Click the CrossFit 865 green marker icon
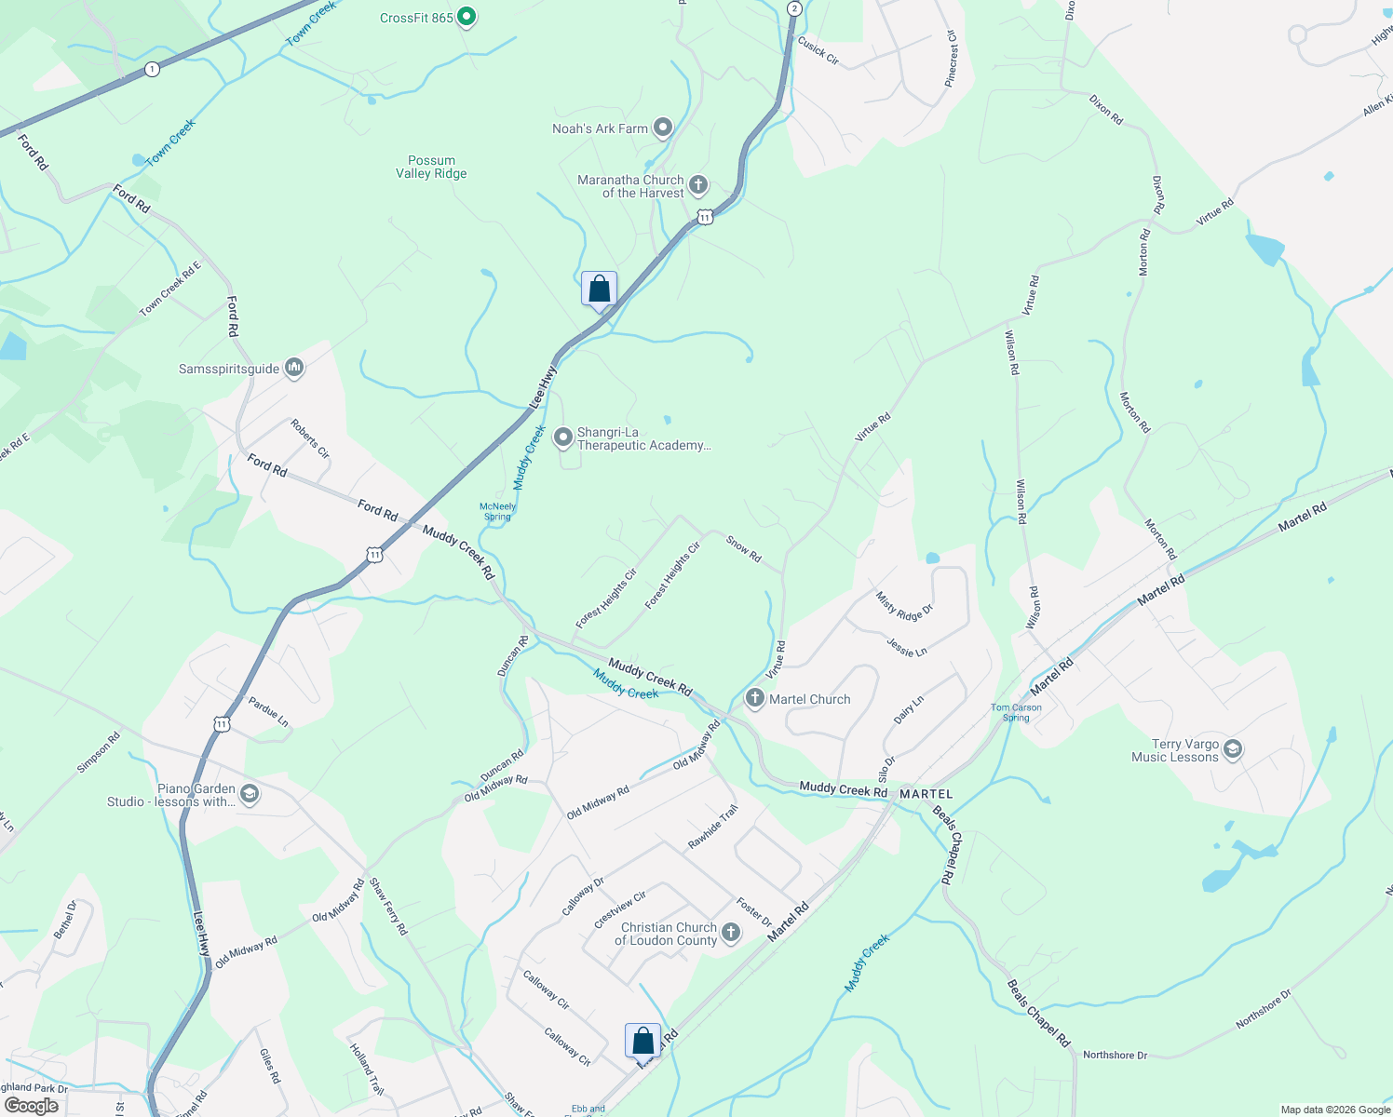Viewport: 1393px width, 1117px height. click(467, 17)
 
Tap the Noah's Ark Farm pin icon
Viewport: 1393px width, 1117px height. click(662, 128)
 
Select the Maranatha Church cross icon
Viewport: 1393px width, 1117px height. click(697, 185)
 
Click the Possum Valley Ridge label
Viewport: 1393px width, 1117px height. click(431, 167)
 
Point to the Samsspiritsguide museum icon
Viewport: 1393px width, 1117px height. click(294, 369)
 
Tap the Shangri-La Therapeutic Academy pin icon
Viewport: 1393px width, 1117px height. click(562, 437)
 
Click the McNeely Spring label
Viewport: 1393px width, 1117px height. click(497, 512)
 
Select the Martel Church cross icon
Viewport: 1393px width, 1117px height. click(754, 699)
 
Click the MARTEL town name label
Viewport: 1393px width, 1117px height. click(926, 794)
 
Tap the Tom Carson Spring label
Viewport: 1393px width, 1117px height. click(1016, 712)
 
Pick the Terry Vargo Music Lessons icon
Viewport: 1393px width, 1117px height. click(1233, 749)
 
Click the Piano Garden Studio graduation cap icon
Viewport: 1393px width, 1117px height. click(249, 794)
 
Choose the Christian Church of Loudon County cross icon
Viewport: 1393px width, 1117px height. click(731, 933)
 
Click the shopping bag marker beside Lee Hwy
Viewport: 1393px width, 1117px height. click(599, 289)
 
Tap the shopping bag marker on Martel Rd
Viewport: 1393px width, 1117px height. click(642, 1041)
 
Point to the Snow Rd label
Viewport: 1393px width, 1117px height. click(743, 549)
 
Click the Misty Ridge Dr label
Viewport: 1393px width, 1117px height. click(903, 606)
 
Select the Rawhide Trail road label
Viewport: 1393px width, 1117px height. click(712, 827)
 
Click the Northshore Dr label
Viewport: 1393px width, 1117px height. click(1115, 1055)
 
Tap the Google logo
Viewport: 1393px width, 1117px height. click(32, 1106)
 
